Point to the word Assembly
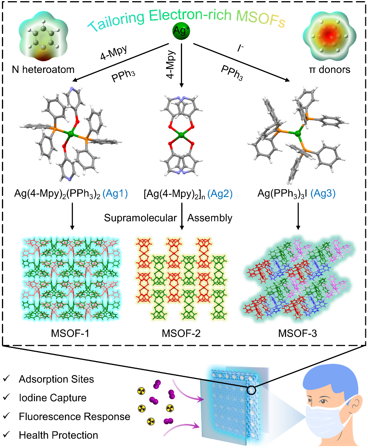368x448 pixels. pyautogui.click(x=210, y=218)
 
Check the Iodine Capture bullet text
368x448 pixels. pyautogui.click(x=52, y=398)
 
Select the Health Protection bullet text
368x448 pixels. pyautogui.click(x=58, y=435)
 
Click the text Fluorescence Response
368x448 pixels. pyautogui.click(x=74, y=417)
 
